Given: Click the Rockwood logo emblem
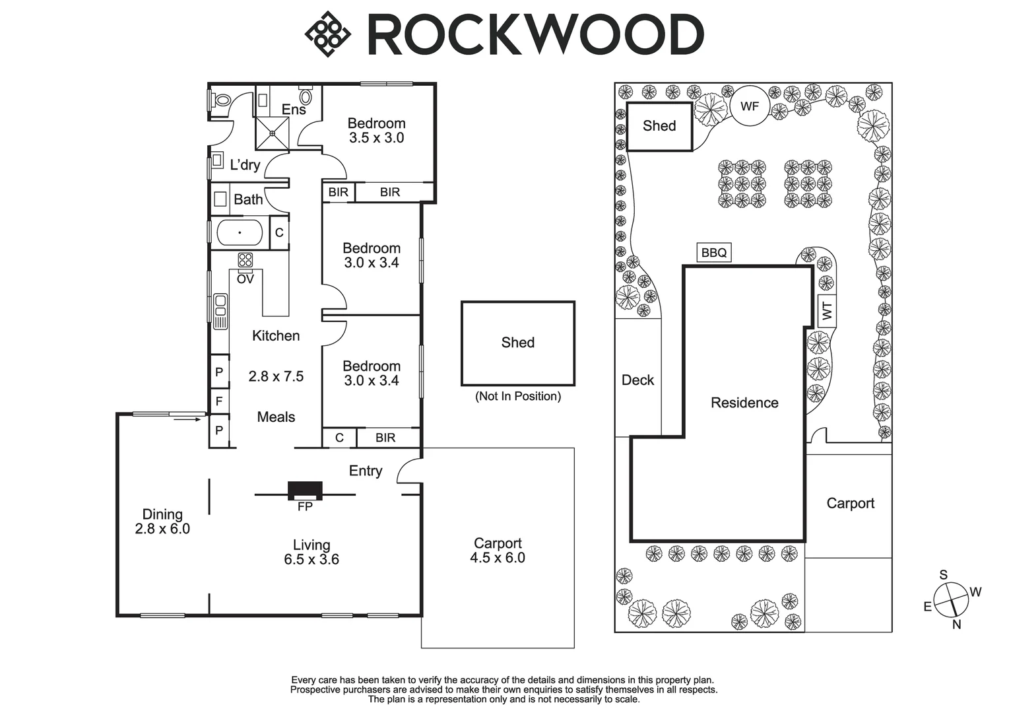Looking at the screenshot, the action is tap(327, 34).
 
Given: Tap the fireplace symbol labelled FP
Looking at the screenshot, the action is tap(305, 491).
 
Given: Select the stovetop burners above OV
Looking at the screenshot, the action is tap(245, 260).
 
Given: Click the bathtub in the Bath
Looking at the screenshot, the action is tap(240, 232).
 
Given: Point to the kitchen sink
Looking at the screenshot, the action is tap(220, 312).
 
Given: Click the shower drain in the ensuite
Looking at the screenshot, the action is tap(273, 133).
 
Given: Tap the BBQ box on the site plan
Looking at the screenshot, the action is tap(714, 252).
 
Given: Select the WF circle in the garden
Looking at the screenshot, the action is tap(750, 107).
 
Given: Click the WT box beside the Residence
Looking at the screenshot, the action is tap(827, 311).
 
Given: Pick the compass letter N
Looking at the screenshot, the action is tap(957, 625).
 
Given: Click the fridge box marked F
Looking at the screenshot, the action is tap(219, 401).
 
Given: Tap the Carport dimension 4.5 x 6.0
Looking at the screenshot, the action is tap(498, 558).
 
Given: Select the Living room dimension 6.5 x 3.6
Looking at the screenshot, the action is tap(311, 560).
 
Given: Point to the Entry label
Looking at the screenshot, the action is tap(366, 471).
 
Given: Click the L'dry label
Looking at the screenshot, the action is tap(245, 165).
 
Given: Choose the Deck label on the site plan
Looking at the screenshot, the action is tap(638, 380).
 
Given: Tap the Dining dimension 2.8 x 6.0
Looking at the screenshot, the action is tap(162, 529).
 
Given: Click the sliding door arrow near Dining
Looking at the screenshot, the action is tap(187, 420).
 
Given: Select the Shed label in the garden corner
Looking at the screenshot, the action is tap(659, 125).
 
